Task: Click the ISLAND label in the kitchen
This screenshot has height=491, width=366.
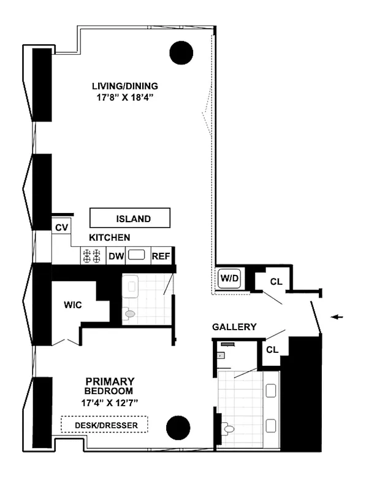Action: (x=129, y=218)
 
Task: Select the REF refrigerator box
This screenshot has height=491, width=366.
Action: (x=161, y=256)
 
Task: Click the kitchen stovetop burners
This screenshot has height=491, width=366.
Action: (x=92, y=256)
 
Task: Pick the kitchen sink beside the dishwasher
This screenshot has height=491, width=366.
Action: (x=136, y=255)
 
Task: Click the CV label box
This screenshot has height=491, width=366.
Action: (x=61, y=228)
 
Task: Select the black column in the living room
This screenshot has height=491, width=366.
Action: (x=182, y=53)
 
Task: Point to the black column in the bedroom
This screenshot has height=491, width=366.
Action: (x=178, y=427)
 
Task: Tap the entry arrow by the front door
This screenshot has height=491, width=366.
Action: (x=337, y=317)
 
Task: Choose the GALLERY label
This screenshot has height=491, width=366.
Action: (x=234, y=327)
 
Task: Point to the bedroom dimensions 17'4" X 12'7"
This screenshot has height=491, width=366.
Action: (x=110, y=402)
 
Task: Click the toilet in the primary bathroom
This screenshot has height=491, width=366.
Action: (x=229, y=428)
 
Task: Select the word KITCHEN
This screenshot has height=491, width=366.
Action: (x=109, y=238)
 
